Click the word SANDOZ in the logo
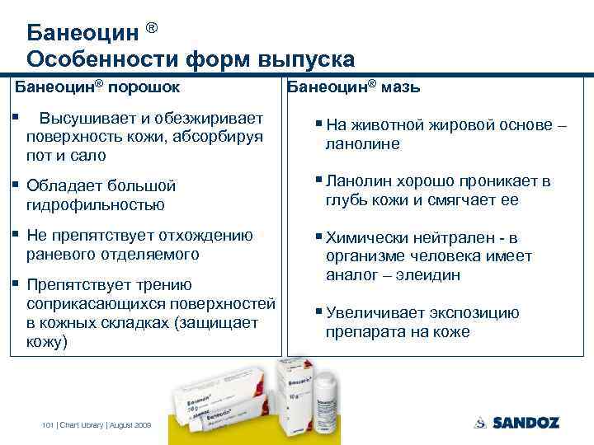(526, 423)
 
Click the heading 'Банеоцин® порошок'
(99, 86)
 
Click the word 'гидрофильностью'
(96, 204)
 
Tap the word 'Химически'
(364, 237)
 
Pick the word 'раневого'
(62, 255)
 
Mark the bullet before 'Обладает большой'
(16, 185)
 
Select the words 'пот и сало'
(65, 155)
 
